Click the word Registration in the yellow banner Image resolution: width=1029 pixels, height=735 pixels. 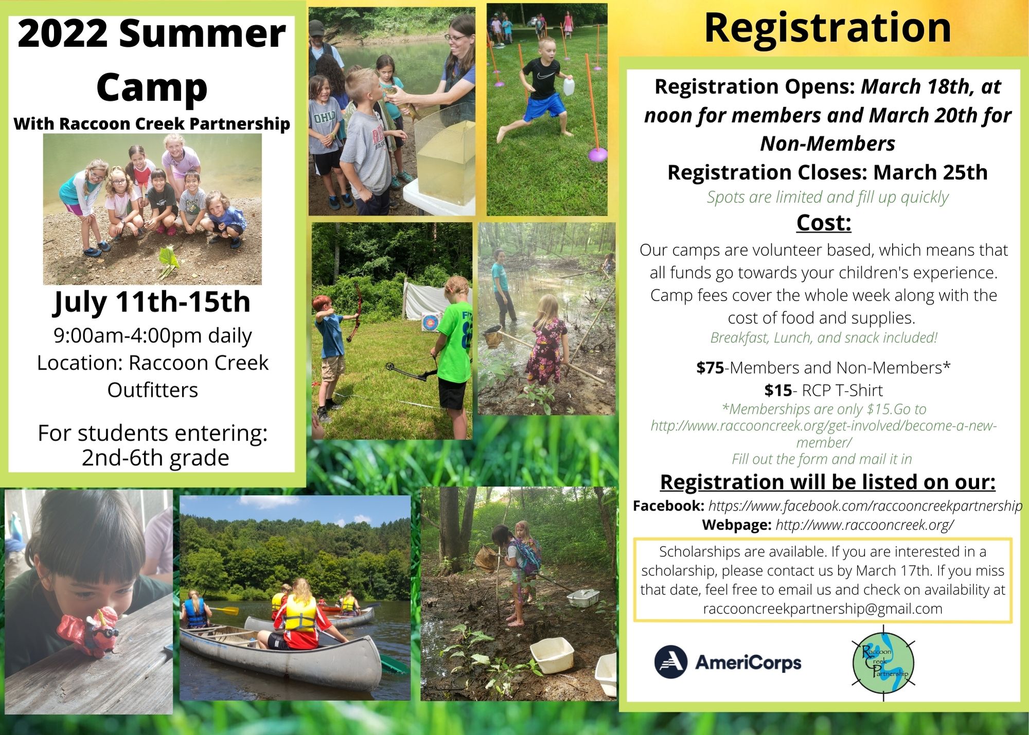(827, 29)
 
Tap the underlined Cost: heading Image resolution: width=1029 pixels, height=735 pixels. (824, 223)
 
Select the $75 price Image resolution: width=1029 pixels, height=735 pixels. (710, 367)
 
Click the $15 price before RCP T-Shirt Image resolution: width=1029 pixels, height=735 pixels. (778, 390)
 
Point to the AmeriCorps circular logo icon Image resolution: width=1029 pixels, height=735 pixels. (671, 662)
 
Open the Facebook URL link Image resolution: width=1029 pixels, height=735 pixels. (865, 506)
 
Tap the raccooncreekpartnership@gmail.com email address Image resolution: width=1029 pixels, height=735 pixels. (823, 609)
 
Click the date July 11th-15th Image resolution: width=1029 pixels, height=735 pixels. (152, 302)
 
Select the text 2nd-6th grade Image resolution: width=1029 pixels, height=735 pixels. (155, 458)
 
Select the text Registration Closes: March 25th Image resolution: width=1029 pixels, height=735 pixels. (827, 172)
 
